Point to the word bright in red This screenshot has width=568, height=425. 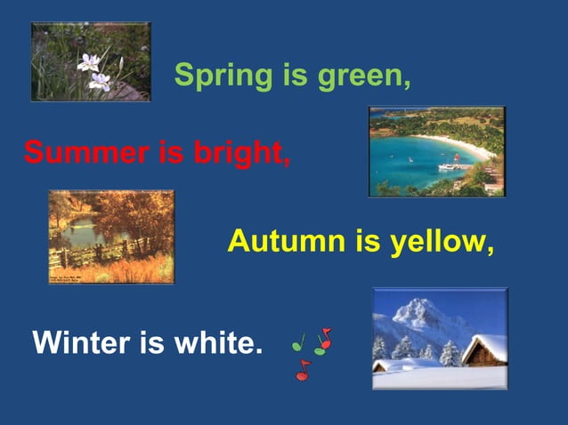click(240, 153)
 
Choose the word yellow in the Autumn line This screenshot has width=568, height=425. click(439, 242)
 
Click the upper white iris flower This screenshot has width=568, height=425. click(88, 62)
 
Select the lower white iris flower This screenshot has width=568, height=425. click(99, 82)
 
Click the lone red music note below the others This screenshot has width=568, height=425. click(303, 371)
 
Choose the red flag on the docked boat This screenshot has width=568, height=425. click(456, 156)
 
